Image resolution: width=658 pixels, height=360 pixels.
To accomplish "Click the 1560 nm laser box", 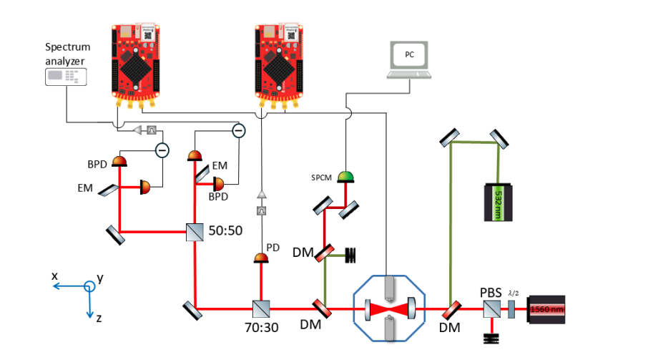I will click(547, 310).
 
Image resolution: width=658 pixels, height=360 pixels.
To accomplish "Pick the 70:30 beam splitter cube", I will click(260, 309).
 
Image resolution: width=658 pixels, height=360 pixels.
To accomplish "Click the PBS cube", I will click(491, 309).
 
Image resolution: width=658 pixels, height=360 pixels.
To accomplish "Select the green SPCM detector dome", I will click(346, 176).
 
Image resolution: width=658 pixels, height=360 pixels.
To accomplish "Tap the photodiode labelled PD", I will click(261, 258).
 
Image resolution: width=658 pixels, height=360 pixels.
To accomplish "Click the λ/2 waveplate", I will click(511, 310).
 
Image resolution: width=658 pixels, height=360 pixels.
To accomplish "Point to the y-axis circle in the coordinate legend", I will click(89, 286).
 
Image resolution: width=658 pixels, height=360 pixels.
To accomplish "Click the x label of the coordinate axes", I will click(54, 276).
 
